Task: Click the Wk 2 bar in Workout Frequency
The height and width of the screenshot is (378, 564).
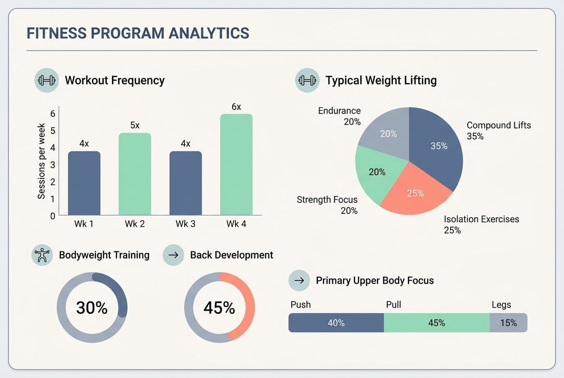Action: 135,174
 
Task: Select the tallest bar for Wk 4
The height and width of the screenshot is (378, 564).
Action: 236,165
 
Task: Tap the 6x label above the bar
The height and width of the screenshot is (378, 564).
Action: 236,107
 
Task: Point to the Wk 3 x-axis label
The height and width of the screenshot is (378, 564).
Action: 185,224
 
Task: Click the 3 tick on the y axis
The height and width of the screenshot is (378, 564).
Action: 53,165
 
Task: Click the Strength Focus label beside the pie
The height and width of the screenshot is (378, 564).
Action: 327,200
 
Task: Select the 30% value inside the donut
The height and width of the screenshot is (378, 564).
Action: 92,308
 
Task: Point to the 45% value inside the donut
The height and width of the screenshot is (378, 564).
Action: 219,308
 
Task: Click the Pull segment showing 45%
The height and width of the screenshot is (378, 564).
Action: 436,323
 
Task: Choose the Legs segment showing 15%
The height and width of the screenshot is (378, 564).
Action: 508,323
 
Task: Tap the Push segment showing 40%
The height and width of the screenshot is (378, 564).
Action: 336,323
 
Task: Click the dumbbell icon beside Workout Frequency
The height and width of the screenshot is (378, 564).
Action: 46,81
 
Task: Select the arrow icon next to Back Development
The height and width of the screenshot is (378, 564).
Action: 174,255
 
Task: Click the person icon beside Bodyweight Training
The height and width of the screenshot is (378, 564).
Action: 42,255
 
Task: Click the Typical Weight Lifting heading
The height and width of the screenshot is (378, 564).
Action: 381,81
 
